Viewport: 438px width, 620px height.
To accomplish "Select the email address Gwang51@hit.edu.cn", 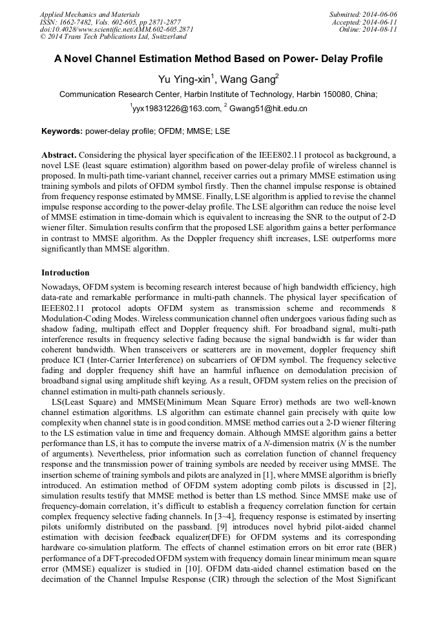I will (268, 109).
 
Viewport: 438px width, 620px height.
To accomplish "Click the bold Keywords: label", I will (62, 131).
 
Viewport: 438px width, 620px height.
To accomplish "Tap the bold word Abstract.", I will (59, 156).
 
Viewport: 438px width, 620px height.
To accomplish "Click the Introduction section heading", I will (65, 273).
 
